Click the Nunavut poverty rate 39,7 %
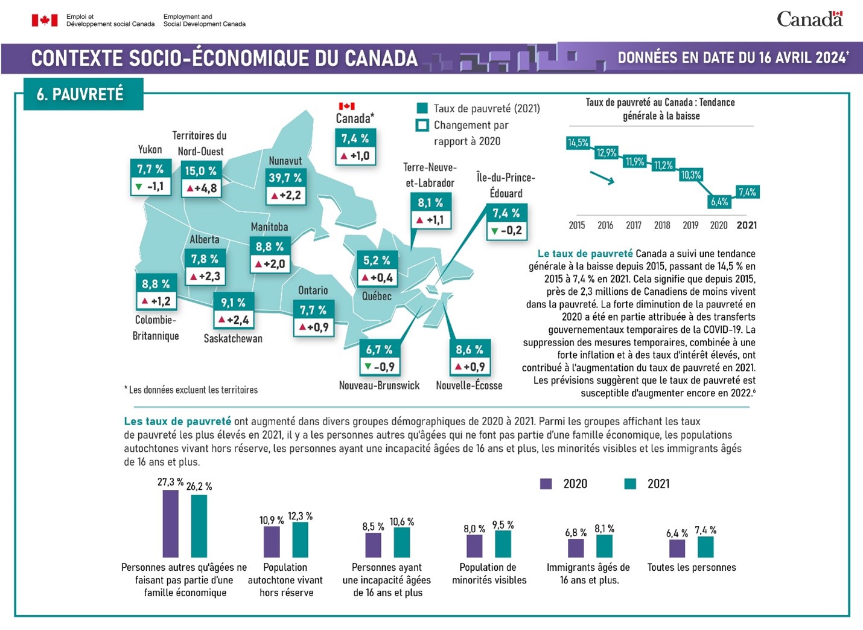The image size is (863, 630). click(x=285, y=178)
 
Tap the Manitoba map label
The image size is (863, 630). click(x=269, y=227)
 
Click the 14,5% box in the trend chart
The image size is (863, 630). click(x=578, y=143)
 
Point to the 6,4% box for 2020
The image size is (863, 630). click(x=719, y=202)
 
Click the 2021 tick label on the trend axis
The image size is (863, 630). click(x=747, y=225)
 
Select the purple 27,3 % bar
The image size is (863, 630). click(x=171, y=523)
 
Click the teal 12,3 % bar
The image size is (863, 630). click(x=300, y=539)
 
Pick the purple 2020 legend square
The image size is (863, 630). click(x=546, y=484)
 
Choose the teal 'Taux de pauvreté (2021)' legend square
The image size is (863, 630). click(x=422, y=109)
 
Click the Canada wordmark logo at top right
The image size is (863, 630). click(x=809, y=19)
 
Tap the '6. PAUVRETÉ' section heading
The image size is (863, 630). click(x=80, y=94)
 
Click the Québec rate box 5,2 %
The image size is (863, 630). click(x=377, y=260)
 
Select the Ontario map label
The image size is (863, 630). click(x=313, y=291)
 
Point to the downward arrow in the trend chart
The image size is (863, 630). click(x=602, y=178)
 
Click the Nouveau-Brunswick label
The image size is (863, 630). click(x=379, y=385)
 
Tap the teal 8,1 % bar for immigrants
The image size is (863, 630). click(x=604, y=546)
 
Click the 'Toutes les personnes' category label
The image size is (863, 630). click(x=692, y=567)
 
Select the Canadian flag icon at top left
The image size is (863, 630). click(x=45, y=21)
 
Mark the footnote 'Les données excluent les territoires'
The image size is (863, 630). click(x=191, y=390)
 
